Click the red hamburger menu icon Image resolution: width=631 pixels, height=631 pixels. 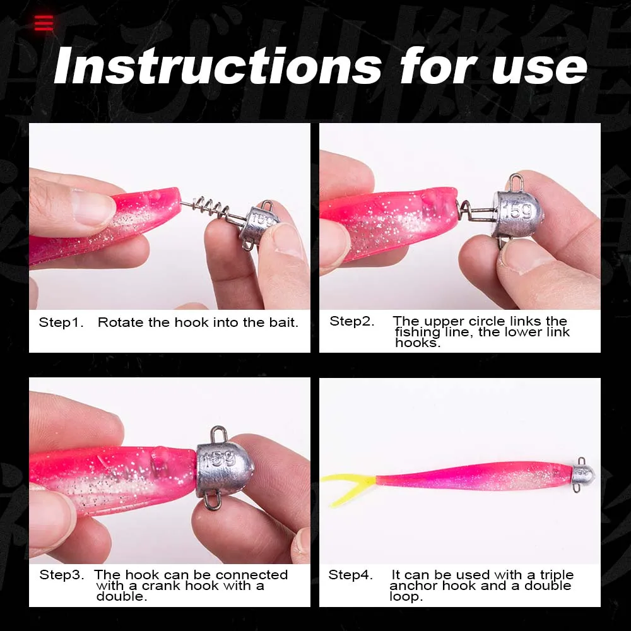pyautogui.click(x=44, y=23)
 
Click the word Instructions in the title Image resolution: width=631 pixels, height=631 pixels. pyautogui.click(x=217, y=65)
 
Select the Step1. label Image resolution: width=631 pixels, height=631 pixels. pyautogui.click(x=61, y=322)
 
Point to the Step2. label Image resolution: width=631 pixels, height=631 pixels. pyautogui.click(x=351, y=321)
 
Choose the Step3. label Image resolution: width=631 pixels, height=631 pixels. pyautogui.click(x=62, y=575)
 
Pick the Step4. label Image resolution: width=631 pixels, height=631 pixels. pyautogui.click(x=350, y=575)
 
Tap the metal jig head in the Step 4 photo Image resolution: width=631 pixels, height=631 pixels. pyautogui.click(x=583, y=475)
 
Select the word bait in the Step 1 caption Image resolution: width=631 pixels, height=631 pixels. pyautogui.click(x=284, y=322)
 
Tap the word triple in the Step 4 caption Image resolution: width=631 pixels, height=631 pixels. pyautogui.click(x=557, y=575)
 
